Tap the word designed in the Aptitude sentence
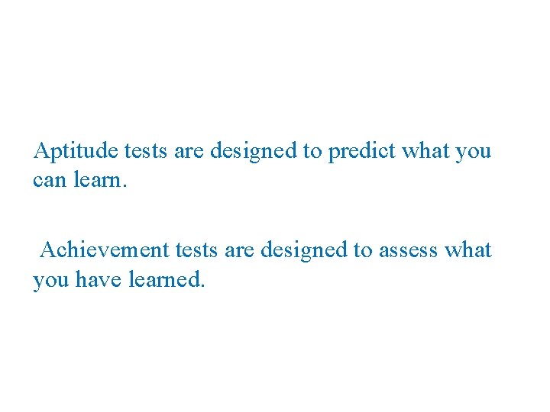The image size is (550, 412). pos(254,151)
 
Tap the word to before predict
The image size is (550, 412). pos(312,151)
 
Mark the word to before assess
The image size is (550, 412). pos(364,249)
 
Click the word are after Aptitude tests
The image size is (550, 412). pos(189,151)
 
